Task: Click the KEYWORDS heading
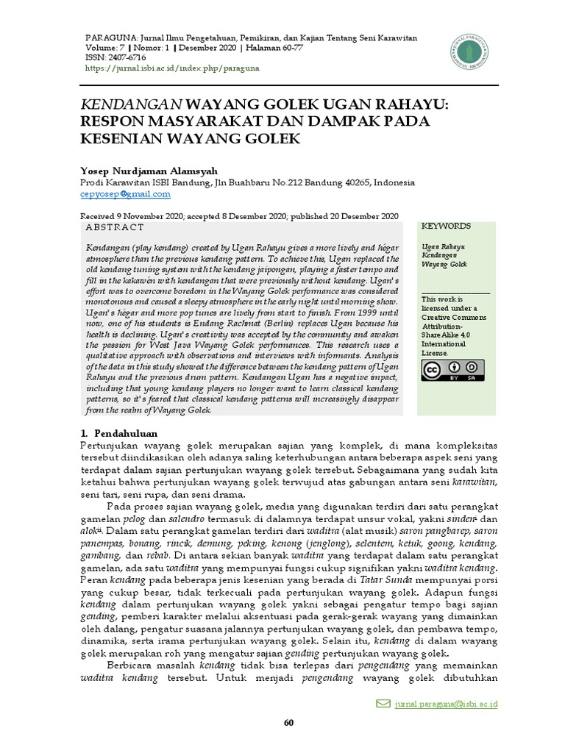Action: (447, 226)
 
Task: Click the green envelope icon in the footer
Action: (383, 704)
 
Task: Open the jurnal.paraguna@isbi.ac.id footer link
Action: (447, 704)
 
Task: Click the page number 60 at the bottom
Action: (289, 723)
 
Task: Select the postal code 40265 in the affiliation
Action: (355, 182)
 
